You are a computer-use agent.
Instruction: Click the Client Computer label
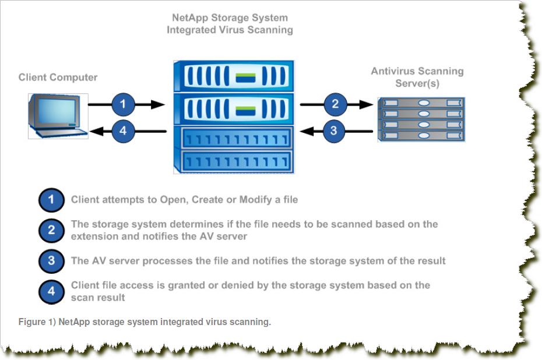coord(58,77)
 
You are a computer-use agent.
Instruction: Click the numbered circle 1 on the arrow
coord(122,105)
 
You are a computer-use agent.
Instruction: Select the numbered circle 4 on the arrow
coord(122,131)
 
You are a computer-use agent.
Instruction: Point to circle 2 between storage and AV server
coord(335,105)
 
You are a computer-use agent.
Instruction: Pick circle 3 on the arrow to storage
coord(333,130)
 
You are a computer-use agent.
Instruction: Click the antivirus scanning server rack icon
coord(421,120)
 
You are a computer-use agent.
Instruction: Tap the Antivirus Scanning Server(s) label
coord(417,77)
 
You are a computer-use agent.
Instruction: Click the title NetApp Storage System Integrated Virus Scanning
coord(230,24)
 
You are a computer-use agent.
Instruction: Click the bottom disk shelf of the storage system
coord(233,161)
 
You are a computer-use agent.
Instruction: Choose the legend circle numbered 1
coord(51,200)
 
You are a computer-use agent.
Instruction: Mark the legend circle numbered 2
coord(51,230)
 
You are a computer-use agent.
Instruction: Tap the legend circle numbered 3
coord(51,261)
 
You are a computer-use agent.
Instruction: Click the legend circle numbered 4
coord(51,291)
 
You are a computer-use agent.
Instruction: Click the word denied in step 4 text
coord(254,285)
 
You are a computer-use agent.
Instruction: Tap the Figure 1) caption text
coord(145,322)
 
